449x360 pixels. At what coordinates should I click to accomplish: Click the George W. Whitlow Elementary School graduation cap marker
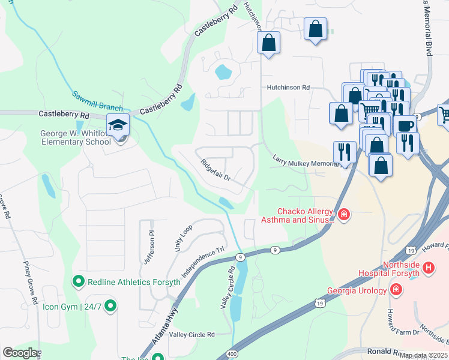[x=118, y=125]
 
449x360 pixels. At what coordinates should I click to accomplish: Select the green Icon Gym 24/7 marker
[x=110, y=307]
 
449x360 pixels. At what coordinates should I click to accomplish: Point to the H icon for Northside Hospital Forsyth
[x=428, y=268]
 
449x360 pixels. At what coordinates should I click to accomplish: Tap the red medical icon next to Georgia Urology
[x=396, y=290]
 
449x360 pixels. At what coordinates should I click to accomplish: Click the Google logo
[x=20, y=353]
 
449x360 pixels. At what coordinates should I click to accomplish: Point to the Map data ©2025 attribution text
[x=424, y=355]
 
